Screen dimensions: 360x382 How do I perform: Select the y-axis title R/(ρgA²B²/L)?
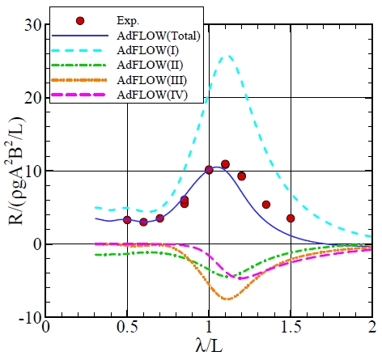tap(11, 171)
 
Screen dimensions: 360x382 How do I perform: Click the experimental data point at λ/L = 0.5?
tap(127, 219)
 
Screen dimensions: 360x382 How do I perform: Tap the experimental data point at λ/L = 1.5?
tap(291, 218)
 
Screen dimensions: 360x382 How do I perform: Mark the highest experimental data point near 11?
tap(225, 164)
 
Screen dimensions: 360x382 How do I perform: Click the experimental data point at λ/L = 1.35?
tap(266, 205)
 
